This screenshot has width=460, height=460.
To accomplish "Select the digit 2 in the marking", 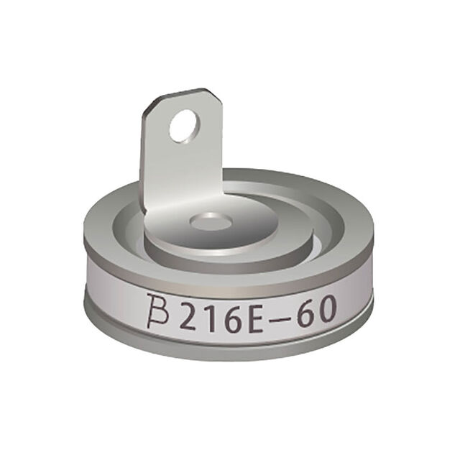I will point(190,313).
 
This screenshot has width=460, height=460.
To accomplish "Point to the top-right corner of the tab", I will point(212,94).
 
